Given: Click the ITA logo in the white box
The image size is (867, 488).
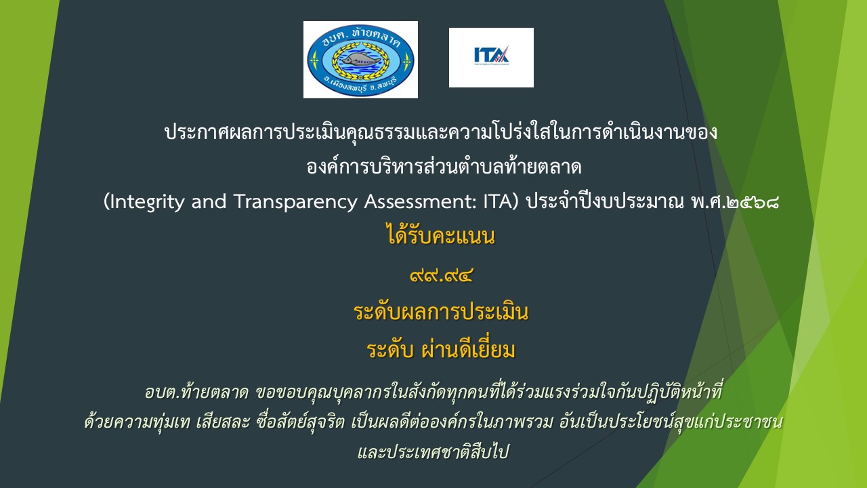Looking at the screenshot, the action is pyautogui.click(x=491, y=56).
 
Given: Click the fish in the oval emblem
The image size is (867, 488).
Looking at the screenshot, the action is pyautogui.click(x=360, y=59).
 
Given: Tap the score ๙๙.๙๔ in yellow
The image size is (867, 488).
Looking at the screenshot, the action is pyautogui.click(x=441, y=275).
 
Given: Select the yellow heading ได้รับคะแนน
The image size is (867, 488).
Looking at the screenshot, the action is pyautogui.click(x=441, y=237).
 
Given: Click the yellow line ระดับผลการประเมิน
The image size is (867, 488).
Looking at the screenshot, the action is pyautogui.click(x=441, y=312).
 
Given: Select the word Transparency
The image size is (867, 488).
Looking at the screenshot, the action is pyautogui.click(x=295, y=203).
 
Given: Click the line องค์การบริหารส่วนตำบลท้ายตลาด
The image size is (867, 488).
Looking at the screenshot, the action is pyautogui.click(x=444, y=167).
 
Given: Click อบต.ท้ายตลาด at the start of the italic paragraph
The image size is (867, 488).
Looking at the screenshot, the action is pyautogui.click(x=196, y=392).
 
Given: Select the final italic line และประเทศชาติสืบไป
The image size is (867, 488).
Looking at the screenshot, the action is pyautogui.click(x=433, y=452).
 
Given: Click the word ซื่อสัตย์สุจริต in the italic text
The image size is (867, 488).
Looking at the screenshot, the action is pyautogui.click(x=300, y=422).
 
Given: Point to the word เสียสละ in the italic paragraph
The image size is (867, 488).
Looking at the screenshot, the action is pyautogui.click(x=223, y=422).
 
